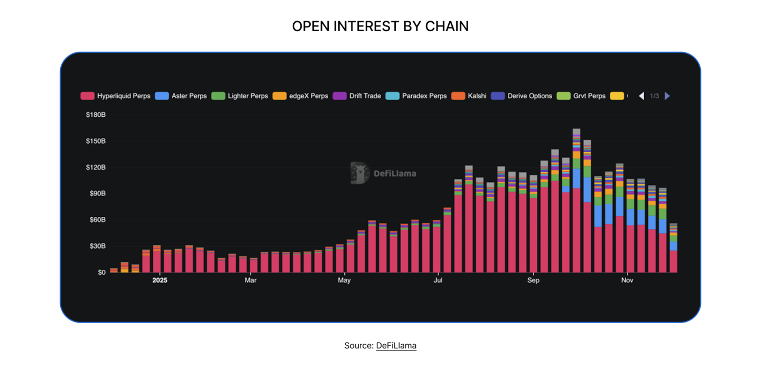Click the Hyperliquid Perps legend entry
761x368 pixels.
click(x=116, y=96)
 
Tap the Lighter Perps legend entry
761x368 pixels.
click(x=240, y=96)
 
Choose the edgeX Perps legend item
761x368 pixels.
click(x=301, y=96)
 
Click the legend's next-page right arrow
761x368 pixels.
click(x=667, y=96)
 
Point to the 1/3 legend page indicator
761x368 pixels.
click(x=654, y=96)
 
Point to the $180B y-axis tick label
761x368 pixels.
click(x=95, y=115)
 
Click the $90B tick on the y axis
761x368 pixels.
click(x=97, y=194)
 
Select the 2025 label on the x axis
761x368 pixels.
click(x=160, y=280)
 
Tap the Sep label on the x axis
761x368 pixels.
click(x=533, y=280)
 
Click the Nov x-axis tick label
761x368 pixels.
click(x=627, y=280)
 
